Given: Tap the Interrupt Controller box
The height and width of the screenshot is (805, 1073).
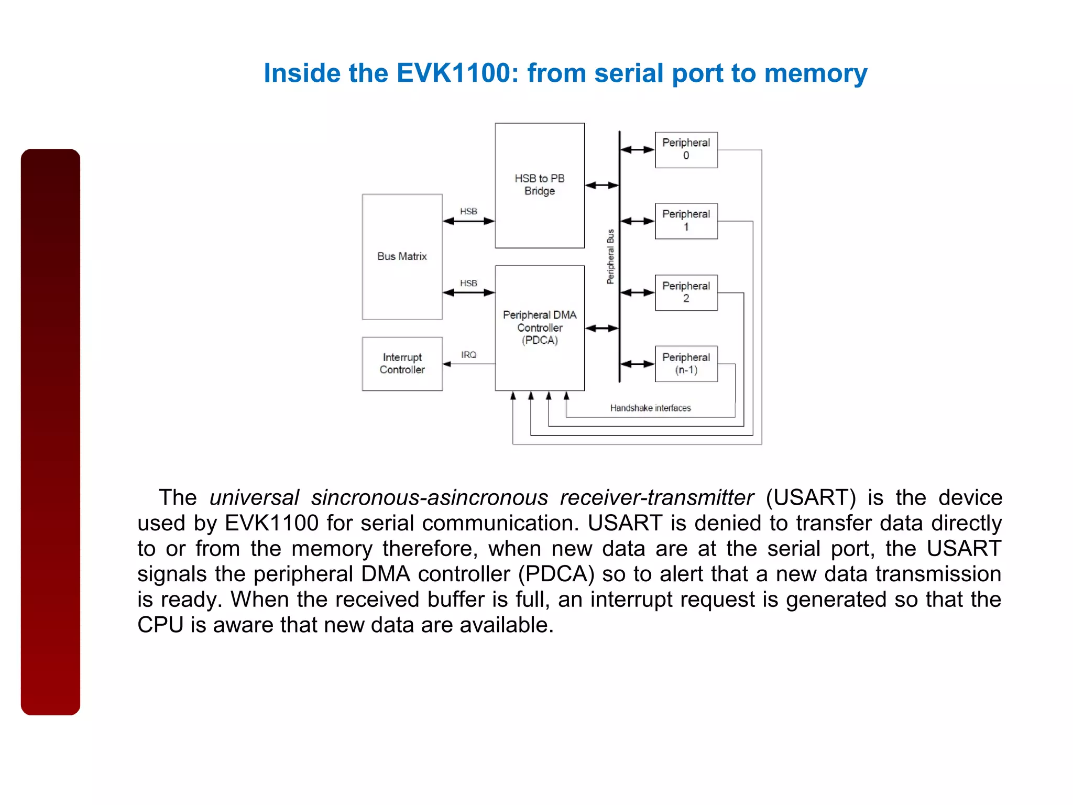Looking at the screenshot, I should [x=402, y=363].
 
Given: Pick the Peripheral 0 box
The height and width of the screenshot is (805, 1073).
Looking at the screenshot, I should [x=686, y=149].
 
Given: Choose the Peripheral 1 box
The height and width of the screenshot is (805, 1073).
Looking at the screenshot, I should [x=686, y=221].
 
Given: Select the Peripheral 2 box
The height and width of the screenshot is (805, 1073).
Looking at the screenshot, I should [x=686, y=292].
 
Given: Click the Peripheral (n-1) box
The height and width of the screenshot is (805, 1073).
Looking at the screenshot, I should [x=686, y=364].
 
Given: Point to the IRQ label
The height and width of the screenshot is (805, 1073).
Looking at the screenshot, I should [x=468, y=355].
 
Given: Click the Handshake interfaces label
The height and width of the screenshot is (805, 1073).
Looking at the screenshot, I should [x=650, y=408].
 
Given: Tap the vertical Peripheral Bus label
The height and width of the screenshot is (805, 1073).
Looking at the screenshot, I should [x=610, y=256].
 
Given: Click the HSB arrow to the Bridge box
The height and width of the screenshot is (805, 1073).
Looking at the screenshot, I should [x=468, y=221].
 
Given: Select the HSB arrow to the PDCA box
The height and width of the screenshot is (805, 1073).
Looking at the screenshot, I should [x=468, y=292].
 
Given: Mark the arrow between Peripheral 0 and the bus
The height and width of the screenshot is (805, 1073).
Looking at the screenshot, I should [x=637, y=150].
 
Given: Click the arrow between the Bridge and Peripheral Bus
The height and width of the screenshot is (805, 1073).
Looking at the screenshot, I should [x=601, y=185].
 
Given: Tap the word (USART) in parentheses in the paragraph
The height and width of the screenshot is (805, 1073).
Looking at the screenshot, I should [x=811, y=497].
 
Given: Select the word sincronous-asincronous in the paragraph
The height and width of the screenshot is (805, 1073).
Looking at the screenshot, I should [x=430, y=497].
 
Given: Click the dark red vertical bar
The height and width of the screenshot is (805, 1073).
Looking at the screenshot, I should [x=50, y=431].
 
